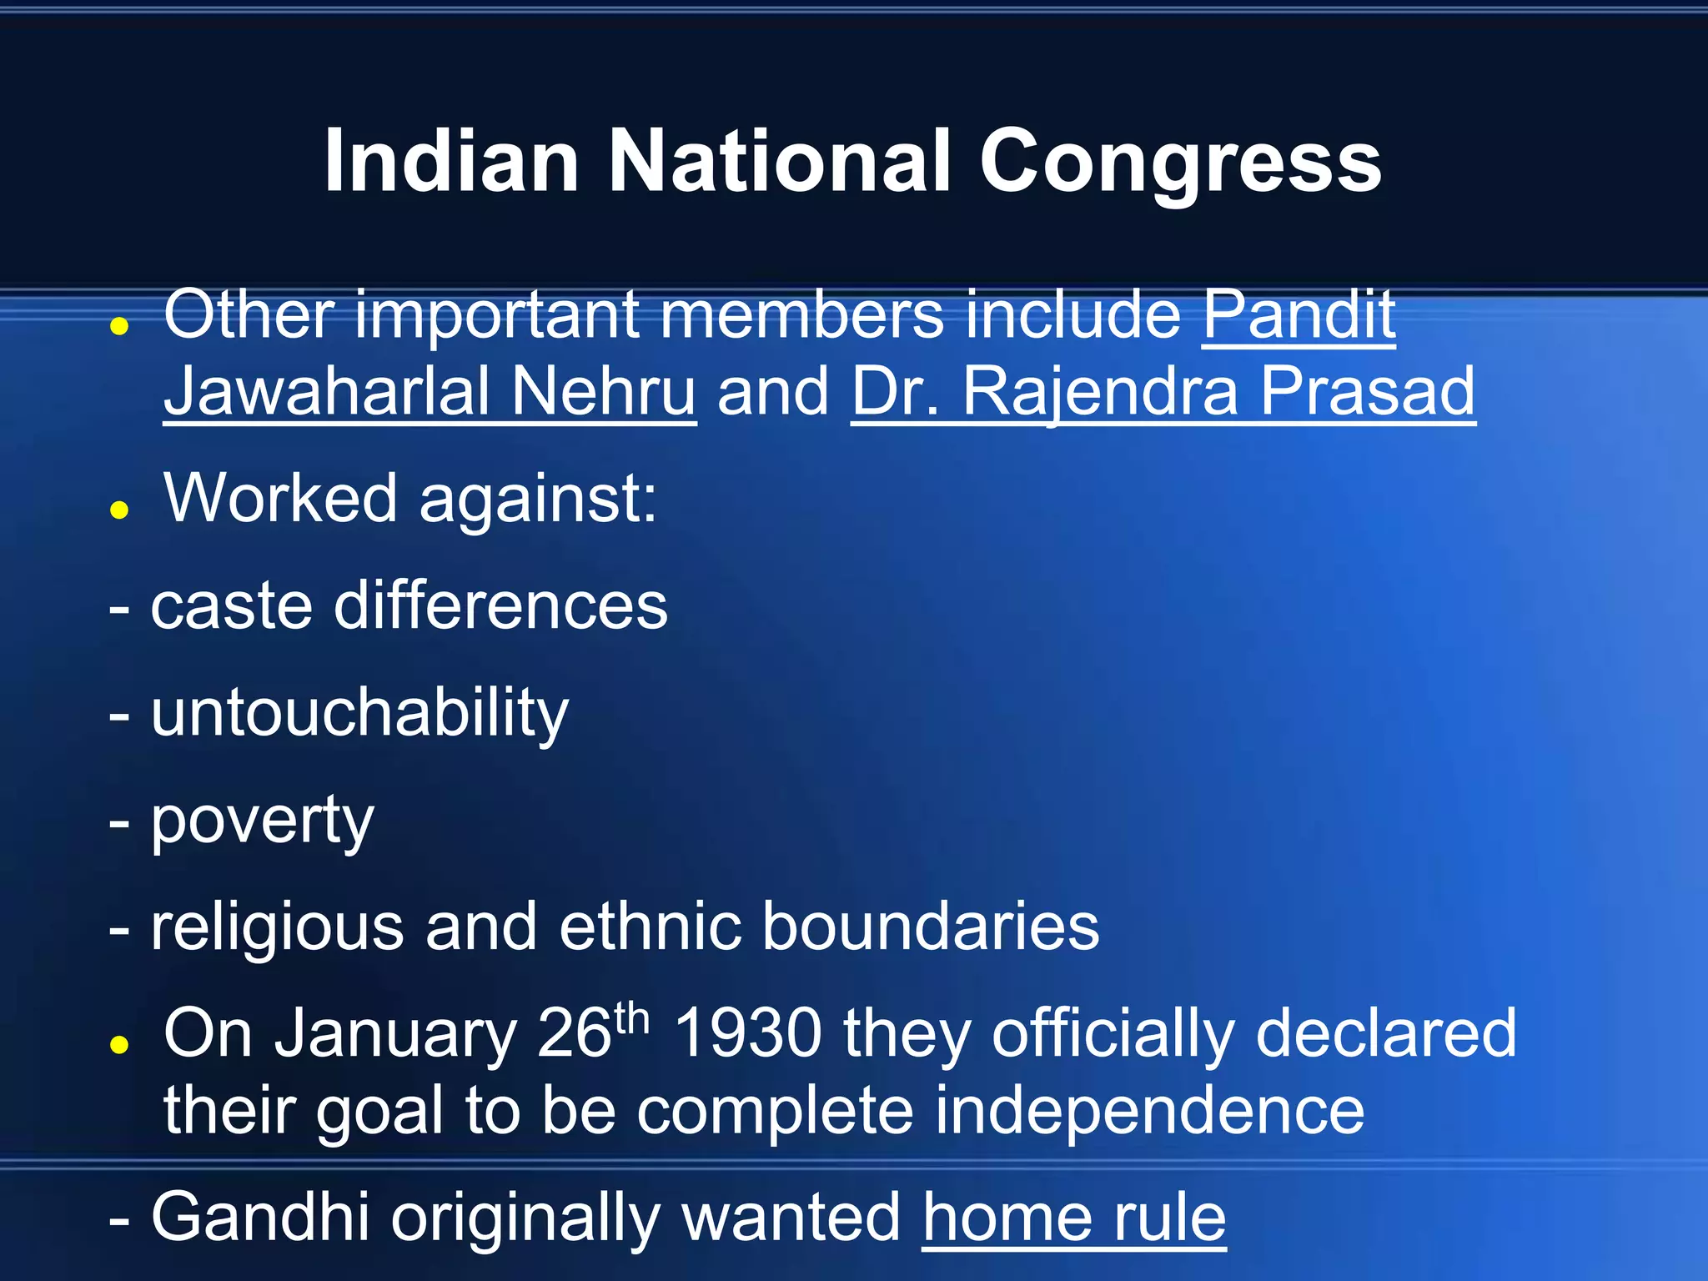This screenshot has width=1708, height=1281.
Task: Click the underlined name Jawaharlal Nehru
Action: pyautogui.click(x=430, y=392)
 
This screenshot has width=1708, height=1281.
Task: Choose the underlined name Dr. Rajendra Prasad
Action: pyautogui.click(x=1163, y=392)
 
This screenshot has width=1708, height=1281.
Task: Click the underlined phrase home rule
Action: pyautogui.click(x=1073, y=1218)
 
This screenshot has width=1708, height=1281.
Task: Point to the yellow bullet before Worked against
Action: pyautogui.click(x=119, y=510)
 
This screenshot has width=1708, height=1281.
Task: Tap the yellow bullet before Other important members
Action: pyautogui.click(x=119, y=326)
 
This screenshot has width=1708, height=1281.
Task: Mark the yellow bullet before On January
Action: pyautogui.click(x=119, y=1043)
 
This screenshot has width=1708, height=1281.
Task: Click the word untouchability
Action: pyautogui.click(x=359, y=714)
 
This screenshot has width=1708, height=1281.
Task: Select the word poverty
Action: pyautogui.click(x=262, y=821)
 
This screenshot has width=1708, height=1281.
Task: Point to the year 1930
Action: pyautogui.click(x=748, y=1034)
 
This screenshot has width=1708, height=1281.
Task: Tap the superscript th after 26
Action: pyautogui.click(x=631, y=1019)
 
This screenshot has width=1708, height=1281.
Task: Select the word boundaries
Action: pyautogui.click(x=931, y=927)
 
